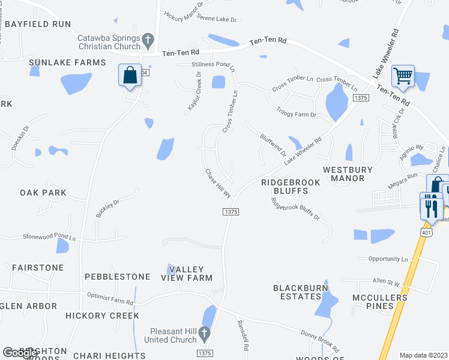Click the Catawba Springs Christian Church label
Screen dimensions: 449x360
pyautogui.click(x=109, y=41)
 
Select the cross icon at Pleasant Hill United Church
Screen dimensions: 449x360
pyautogui.click(x=204, y=332)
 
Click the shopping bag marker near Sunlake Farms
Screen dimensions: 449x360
pyautogui.click(x=130, y=76)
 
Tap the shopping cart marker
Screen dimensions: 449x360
pyautogui.click(x=403, y=76)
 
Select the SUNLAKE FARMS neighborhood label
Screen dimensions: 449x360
pyautogui.click(x=67, y=62)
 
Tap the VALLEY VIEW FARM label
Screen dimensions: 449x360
pyautogui.click(x=187, y=274)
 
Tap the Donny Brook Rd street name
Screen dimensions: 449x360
pyautogui.click(x=319, y=340)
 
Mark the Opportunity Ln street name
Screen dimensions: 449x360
pyautogui.click(x=388, y=259)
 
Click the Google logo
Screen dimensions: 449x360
pyautogui.click(x=20, y=353)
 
